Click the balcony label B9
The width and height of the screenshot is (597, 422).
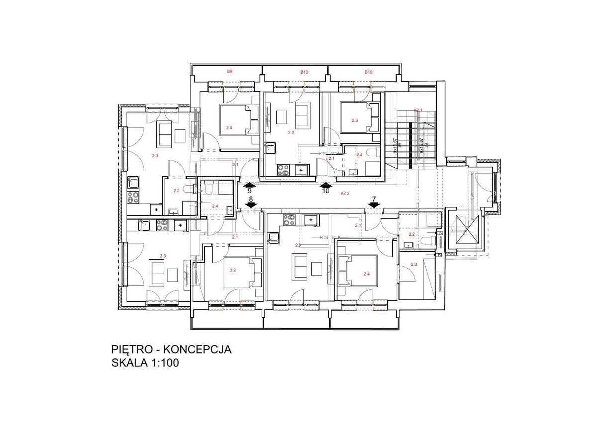click(229, 72)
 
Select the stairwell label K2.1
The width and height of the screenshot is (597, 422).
click(418, 110)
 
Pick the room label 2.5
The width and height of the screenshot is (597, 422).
click(298, 245)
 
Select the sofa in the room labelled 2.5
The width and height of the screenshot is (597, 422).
click(301, 268)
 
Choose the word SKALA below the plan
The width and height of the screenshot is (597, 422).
click(129, 364)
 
